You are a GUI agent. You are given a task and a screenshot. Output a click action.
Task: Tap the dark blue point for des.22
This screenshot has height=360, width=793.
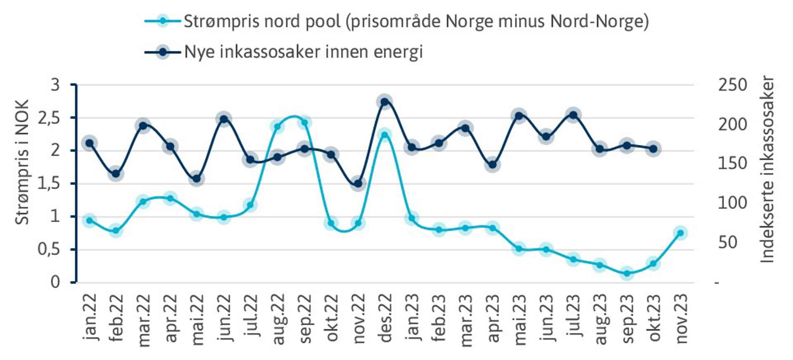point(385,102)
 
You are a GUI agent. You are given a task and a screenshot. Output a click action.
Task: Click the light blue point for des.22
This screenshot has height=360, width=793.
point(385,135)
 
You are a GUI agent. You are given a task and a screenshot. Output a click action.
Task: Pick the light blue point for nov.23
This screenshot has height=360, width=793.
point(680,233)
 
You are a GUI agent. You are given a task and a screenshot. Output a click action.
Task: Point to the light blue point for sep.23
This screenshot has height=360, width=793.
point(627,273)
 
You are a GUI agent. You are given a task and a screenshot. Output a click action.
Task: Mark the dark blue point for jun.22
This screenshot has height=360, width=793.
point(223,119)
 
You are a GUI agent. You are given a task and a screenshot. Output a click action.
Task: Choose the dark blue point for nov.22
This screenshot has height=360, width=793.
point(358,183)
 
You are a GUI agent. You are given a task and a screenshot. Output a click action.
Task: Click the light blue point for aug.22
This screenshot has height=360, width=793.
point(278,126)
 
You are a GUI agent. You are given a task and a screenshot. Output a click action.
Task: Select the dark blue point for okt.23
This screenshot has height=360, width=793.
point(653,149)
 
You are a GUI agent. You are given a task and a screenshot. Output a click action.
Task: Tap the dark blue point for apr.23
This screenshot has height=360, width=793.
point(492,164)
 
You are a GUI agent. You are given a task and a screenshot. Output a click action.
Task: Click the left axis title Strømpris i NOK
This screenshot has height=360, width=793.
point(22,162)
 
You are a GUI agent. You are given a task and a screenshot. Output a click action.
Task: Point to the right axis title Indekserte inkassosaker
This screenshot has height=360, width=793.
point(767,169)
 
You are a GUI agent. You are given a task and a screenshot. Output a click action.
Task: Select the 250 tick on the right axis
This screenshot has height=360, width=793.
point(732,85)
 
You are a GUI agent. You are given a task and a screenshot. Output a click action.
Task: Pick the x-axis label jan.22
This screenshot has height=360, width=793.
point(90,317)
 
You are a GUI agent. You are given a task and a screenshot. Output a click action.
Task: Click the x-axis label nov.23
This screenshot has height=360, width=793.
point(681,318)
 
